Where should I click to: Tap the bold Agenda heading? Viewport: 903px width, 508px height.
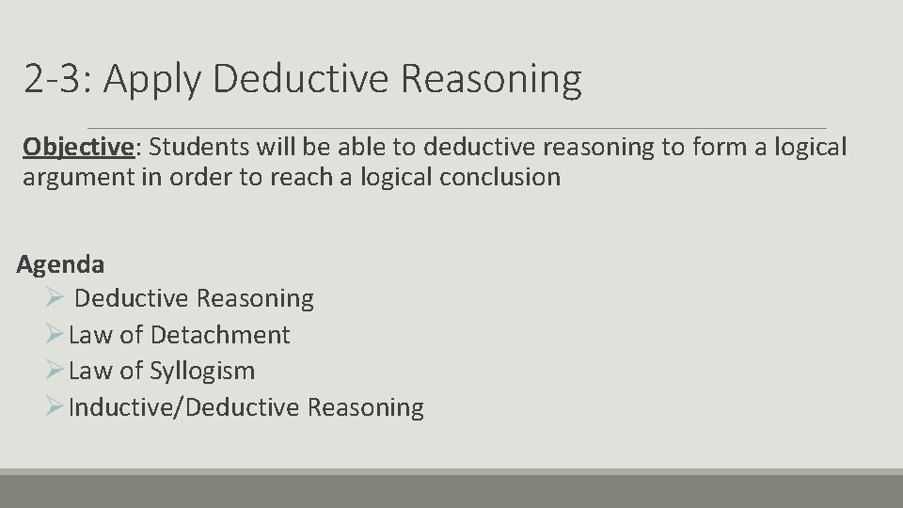pos(60,264)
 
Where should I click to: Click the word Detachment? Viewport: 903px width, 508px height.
pos(220,335)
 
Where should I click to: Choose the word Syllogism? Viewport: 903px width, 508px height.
pos(202,371)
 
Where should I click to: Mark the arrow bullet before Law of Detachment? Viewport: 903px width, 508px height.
pos(55,334)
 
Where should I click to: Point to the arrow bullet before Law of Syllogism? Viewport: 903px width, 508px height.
pos(55,371)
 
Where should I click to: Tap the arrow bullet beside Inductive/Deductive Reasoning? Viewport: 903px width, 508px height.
pos(55,406)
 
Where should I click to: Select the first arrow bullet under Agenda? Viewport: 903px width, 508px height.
pos(55,298)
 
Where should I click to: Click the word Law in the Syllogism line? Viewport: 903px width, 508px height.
pos(91,371)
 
